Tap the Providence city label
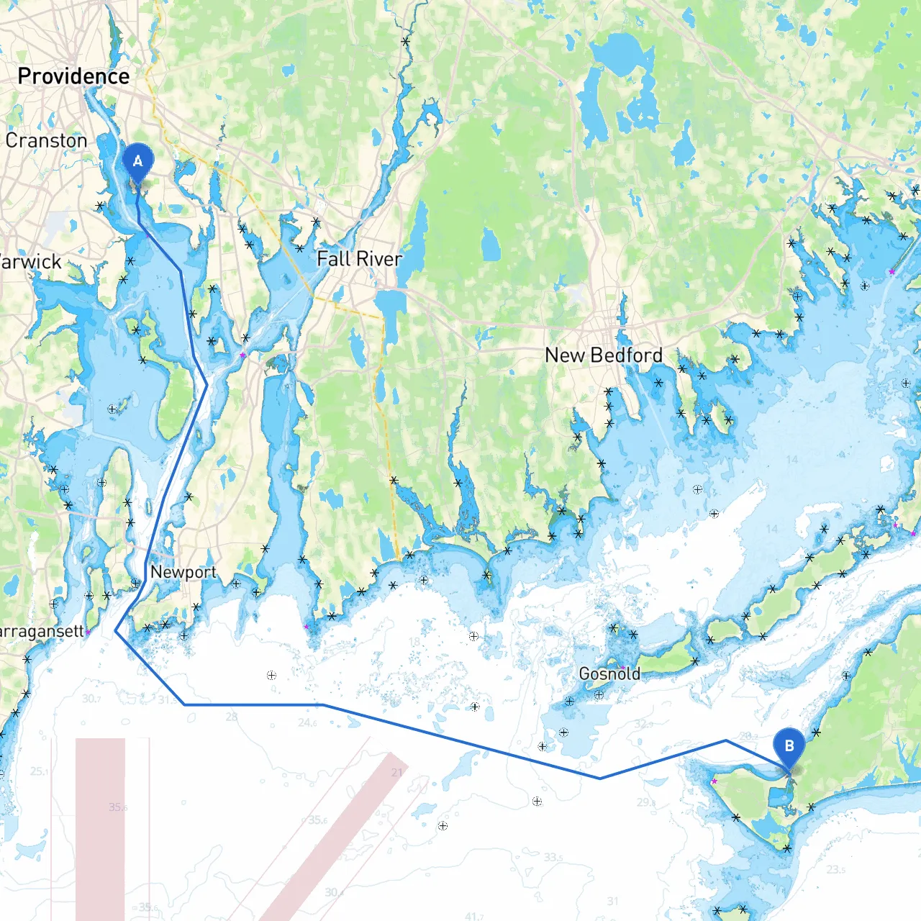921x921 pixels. [x=73, y=76]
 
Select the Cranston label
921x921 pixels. [x=46, y=140]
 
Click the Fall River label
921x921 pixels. [x=359, y=259]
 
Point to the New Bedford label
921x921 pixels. [x=603, y=355]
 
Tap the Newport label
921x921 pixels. [x=183, y=572]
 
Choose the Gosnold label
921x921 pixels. [x=609, y=674]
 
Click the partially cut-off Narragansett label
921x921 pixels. [x=42, y=632]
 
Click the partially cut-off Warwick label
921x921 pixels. [x=30, y=262]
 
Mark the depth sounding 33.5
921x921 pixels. [x=553, y=857]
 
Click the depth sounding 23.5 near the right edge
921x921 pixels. [x=835, y=869]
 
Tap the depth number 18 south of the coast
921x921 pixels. [x=414, y=641]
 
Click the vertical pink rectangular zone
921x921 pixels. [x=100, y=827]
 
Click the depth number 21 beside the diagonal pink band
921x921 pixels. [x=397, y=772]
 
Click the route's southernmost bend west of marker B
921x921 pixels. [x=600, y=778]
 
